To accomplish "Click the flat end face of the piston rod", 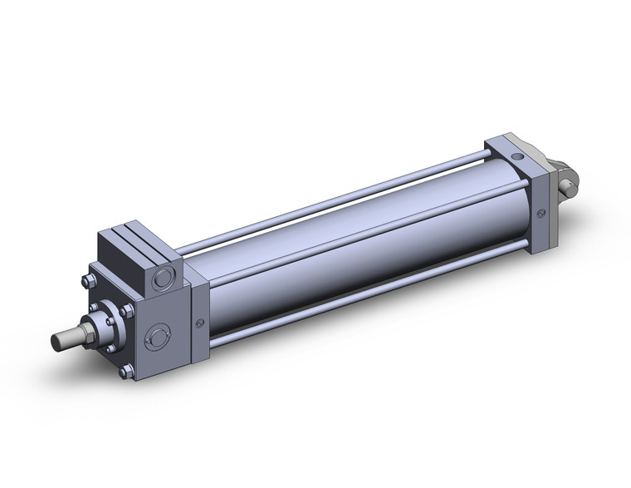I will click(56, 341).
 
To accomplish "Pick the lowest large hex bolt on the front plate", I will click(125, 372).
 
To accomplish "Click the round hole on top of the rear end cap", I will click(518, 155).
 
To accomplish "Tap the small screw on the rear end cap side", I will click(542, 214).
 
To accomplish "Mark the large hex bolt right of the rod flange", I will click(126, 313).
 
